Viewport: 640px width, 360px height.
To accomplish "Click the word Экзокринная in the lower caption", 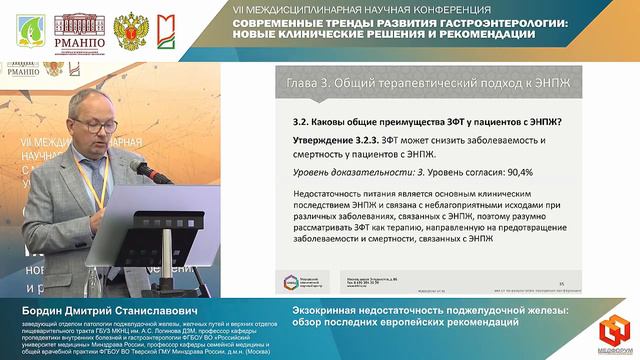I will pos(324,310).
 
